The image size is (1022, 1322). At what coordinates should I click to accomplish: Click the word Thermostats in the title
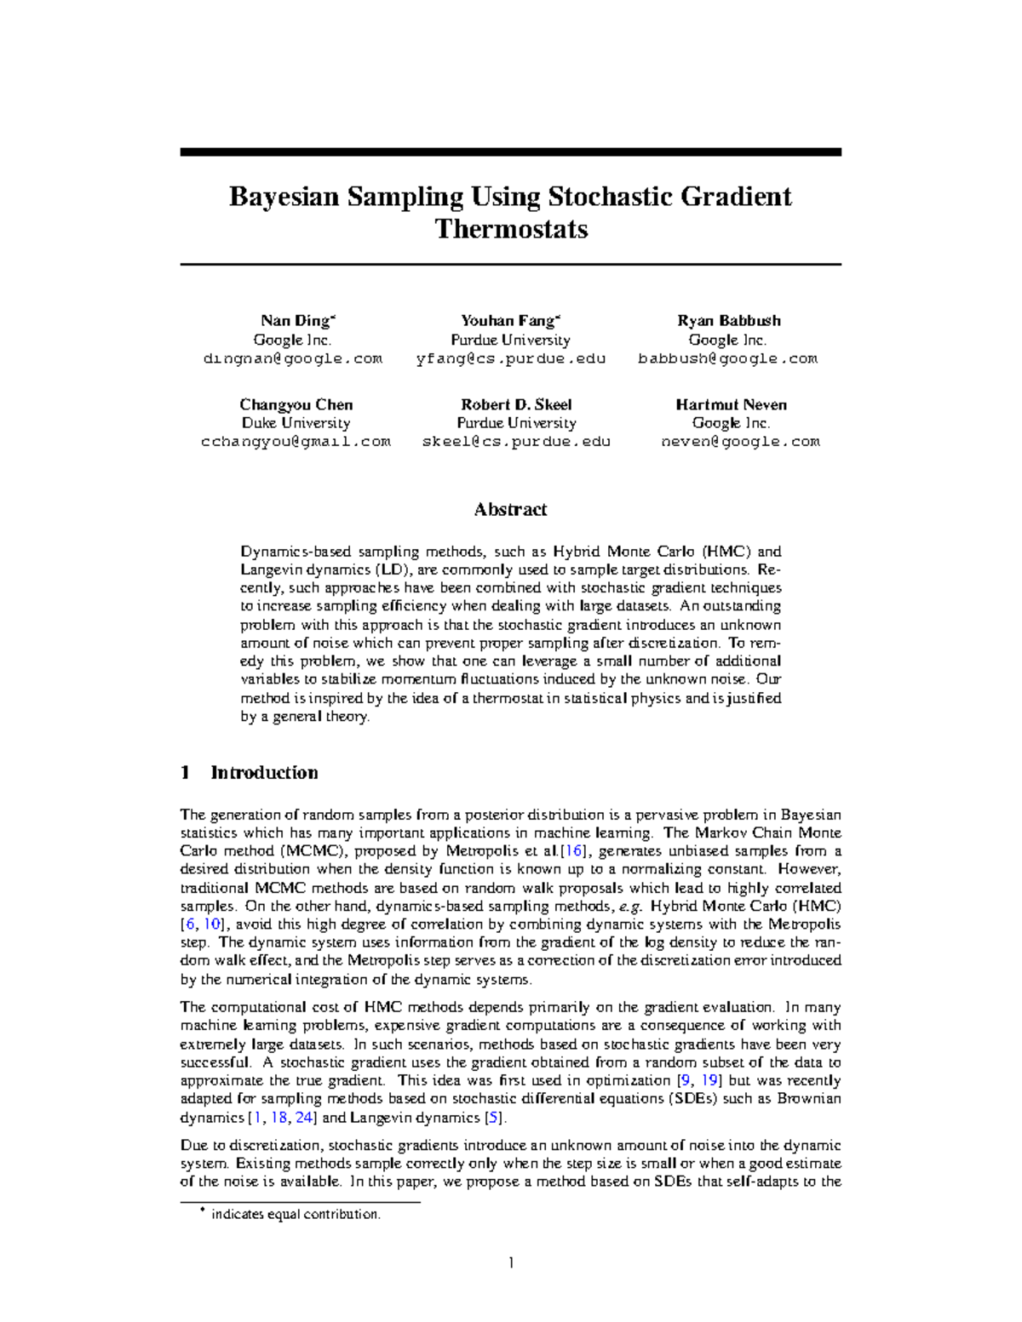pos(511,229)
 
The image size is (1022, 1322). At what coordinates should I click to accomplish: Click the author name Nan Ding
pos(296,321)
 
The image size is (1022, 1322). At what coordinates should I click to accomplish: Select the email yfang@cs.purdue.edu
pos(511,358)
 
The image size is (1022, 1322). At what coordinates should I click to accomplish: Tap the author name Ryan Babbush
pos(728,321)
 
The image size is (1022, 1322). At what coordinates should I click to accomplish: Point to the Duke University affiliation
pos(296,423)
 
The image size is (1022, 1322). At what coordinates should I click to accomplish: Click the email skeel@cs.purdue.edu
pos(516,442)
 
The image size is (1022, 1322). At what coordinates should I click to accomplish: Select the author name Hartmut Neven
pos(731,404)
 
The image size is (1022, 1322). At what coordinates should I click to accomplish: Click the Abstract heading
pos(510,509)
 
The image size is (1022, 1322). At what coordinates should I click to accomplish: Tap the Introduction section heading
pos(264,772)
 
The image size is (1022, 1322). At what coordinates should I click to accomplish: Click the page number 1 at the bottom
pos(510,1262)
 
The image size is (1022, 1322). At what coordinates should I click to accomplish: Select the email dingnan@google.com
pos(293,358)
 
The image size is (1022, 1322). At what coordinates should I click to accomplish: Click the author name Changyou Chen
pos(296,404)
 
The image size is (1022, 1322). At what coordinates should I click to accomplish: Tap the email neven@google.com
pos(740,442)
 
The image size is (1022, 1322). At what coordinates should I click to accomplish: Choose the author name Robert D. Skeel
pos(516,404)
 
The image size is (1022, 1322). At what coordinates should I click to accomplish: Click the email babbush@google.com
pos(728,358)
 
